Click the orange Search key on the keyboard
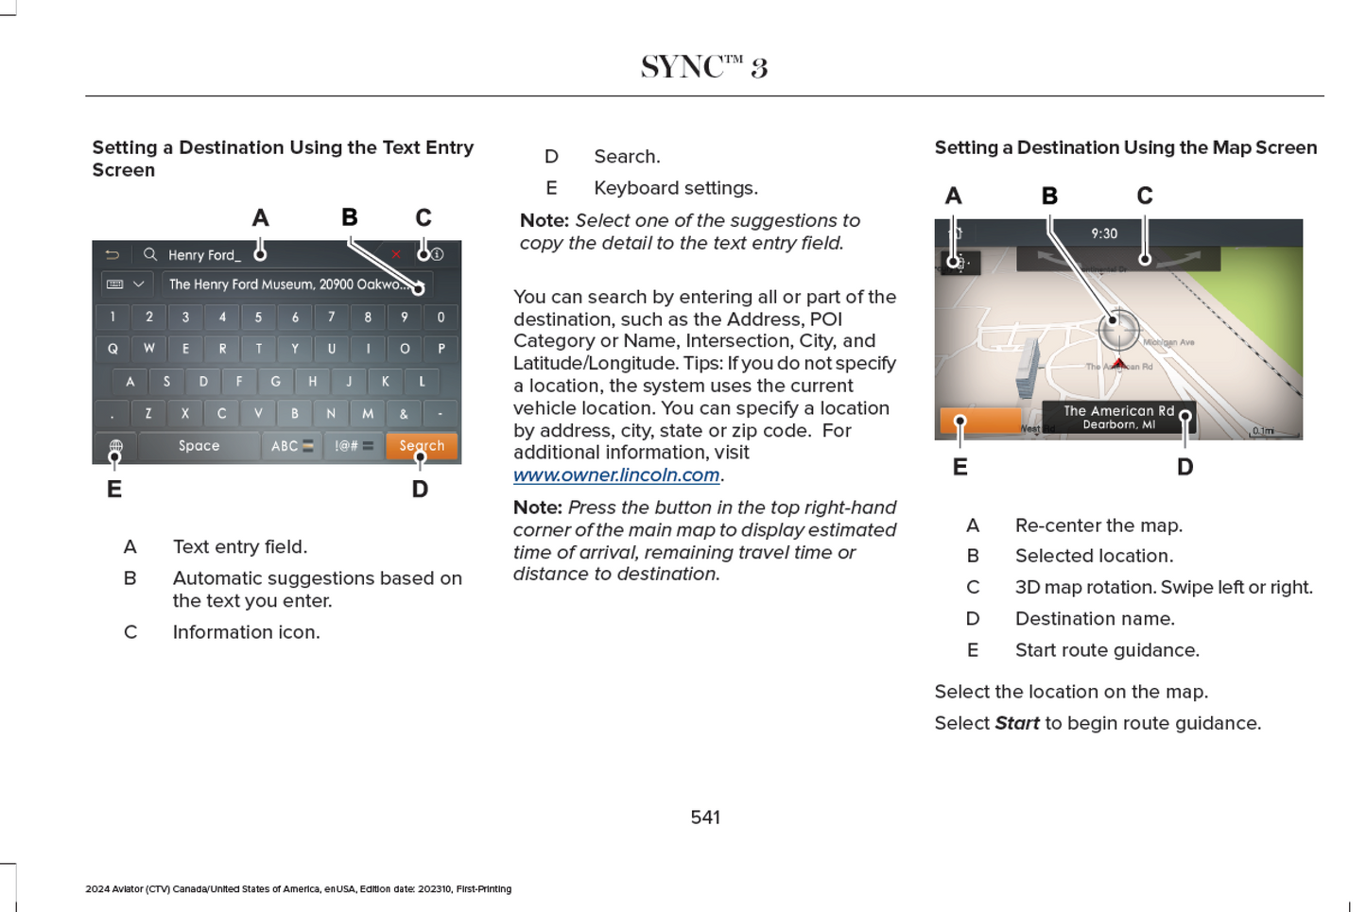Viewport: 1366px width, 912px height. coord(422,445)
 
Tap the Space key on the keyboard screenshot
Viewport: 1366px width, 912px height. coord(199,445)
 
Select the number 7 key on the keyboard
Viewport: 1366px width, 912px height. coord(331,318)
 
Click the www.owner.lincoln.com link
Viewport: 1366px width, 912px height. coord(616,474)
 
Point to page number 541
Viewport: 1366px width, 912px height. coord(705,817)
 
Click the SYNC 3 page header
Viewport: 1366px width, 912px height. coord(704,67)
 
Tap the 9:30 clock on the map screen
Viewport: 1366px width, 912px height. coord(1103,233)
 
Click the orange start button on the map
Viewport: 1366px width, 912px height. coord(980,421)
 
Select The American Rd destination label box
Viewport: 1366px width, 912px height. coord(1118,417)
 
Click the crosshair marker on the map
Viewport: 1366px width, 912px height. coord(1117,326)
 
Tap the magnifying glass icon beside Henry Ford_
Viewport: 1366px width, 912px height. coord(150,254)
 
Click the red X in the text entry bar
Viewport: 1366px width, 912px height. coord(396,254)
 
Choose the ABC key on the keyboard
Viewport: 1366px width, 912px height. coord(290,445)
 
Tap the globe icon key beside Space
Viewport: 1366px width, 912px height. coord(115,446)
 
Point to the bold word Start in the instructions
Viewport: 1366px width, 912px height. coord(1016,723)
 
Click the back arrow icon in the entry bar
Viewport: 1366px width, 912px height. coord(112,254)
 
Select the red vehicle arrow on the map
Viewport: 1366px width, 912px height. coord(1118,363)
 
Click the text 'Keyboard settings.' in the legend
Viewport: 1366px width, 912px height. coord(675,188)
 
